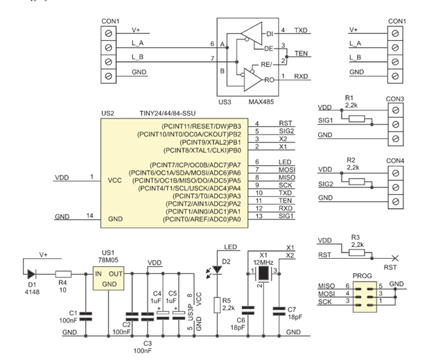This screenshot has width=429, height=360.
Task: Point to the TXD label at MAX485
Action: coord(301,31)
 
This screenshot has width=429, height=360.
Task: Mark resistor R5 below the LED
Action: coord(218,303)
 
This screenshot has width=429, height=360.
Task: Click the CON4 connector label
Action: coord(396,161)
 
